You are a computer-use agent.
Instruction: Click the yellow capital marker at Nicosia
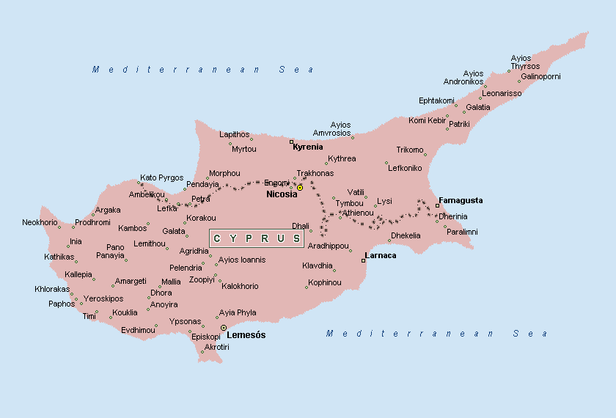[299, 188]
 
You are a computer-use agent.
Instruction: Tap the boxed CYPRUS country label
[257, 238]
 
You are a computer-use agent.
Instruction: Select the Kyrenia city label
[308, 147]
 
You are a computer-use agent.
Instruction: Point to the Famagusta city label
[461, 200]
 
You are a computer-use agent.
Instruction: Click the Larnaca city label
[381, 255]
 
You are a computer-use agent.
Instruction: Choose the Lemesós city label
[246, 335]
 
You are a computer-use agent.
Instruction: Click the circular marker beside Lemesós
[224, 328]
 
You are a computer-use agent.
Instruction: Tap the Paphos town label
[62, 304]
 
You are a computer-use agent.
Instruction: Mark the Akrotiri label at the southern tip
[217, 347]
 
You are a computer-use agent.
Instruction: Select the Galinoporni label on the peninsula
[540, 76]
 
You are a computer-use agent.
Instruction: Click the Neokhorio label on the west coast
[40, 222]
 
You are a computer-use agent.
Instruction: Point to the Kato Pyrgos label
[162, 177]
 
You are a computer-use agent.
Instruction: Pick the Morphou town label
[224, 174]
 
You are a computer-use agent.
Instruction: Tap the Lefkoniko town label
[405, 168]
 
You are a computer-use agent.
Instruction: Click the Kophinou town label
[324, 282]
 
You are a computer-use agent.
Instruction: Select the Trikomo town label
[410, 150]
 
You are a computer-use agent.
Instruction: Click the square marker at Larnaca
[363, 260]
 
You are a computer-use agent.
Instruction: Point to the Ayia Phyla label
[238, 312]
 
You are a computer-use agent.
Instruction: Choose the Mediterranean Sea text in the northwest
[203, 70]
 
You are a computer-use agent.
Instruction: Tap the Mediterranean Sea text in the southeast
[437, 334]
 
